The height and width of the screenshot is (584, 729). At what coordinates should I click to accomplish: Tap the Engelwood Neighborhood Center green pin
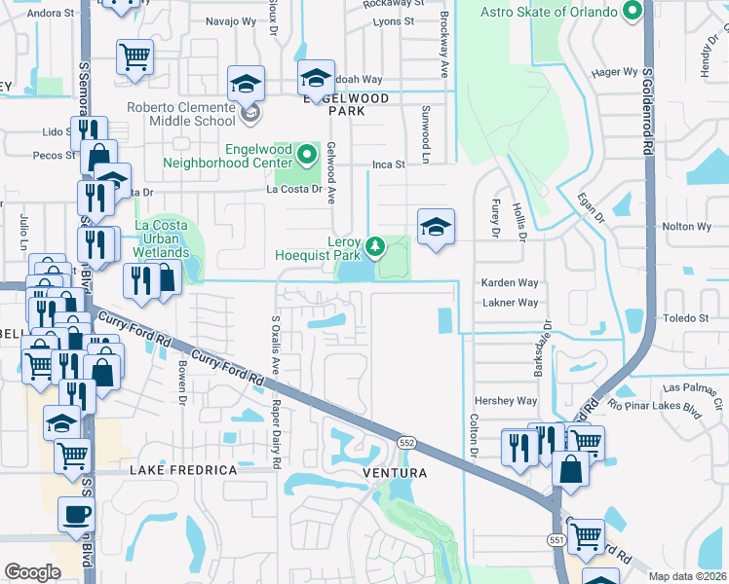[308, 155]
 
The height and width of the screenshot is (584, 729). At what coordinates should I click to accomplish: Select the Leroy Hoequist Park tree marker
[374, 244]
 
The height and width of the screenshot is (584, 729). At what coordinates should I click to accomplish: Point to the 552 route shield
[406, 442]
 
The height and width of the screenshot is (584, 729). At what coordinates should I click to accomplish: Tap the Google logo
[32, 572]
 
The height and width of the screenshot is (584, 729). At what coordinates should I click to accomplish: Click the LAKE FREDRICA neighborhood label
[183, 470]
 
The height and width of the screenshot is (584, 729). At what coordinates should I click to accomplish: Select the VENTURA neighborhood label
[395, 473]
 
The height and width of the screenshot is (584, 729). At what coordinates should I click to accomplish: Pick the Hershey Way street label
[505, 401]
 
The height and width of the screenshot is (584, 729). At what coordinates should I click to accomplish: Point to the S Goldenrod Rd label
[646, 108]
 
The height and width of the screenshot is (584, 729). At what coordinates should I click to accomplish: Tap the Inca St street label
[388, 165]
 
